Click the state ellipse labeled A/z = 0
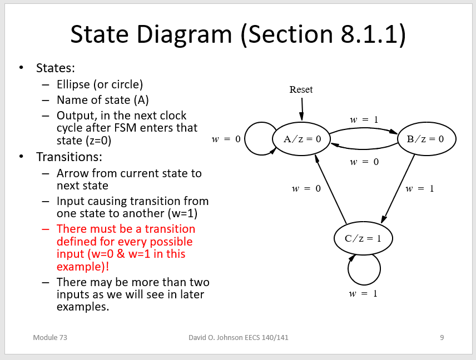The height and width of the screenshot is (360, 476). point(301,139)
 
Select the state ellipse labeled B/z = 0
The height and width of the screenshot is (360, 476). point(427,139)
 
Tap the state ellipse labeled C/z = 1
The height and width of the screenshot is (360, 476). point(363,239)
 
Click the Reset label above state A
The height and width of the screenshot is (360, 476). point(301,89)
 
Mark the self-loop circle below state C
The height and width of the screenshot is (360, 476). point(364,269)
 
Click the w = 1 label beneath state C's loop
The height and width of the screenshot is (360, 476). point(363,293)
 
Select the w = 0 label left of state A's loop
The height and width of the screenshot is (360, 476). point(226,139)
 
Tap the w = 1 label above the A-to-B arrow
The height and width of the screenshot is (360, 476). point(364,119)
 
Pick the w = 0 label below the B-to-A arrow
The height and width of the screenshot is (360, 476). point(364,162)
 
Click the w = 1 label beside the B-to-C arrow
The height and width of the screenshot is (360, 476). point(419,189)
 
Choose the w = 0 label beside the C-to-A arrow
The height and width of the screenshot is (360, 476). point(306,189)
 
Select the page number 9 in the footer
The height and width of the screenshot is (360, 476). point(442,337)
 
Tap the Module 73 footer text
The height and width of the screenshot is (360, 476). point(50,337)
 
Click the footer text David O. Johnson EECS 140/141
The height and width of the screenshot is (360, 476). point(239,337)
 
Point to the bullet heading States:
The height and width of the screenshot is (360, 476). point(55,68)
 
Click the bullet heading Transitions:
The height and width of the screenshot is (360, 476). point(69,157)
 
